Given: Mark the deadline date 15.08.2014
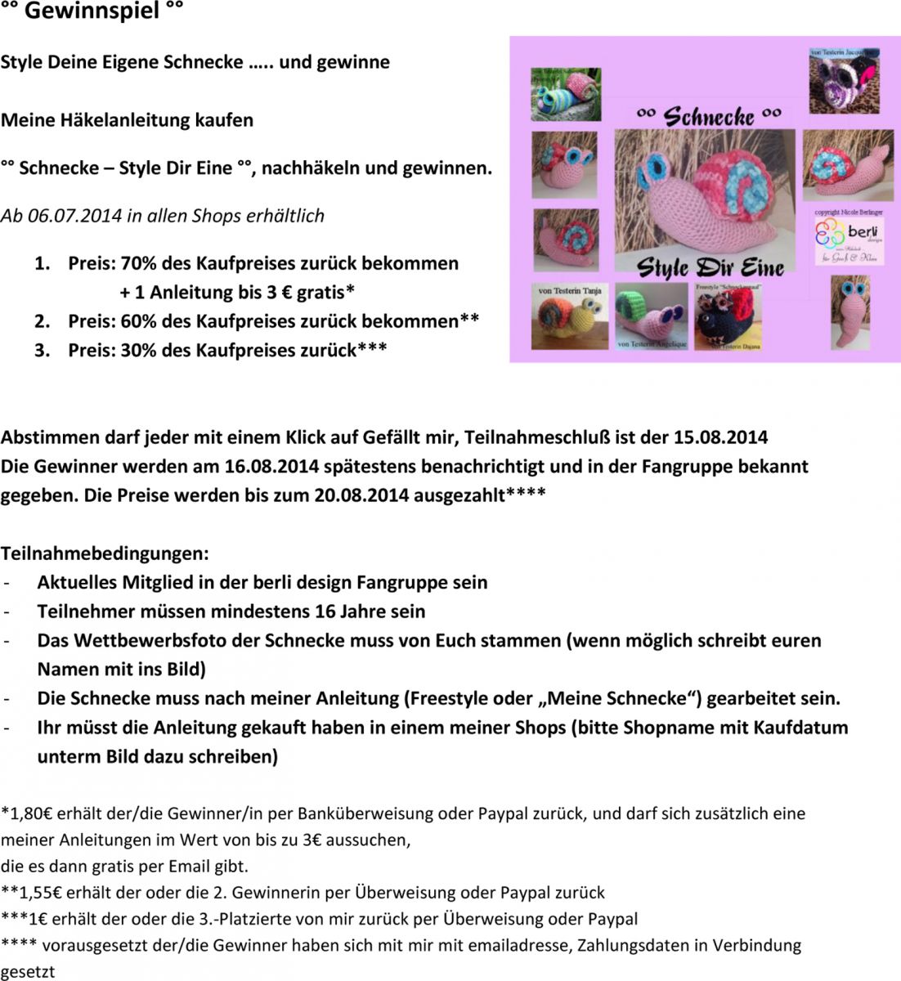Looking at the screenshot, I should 720,437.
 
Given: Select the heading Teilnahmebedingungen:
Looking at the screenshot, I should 105,553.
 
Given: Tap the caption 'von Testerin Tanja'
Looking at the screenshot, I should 570,290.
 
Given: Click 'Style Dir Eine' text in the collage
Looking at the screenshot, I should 710,267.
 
